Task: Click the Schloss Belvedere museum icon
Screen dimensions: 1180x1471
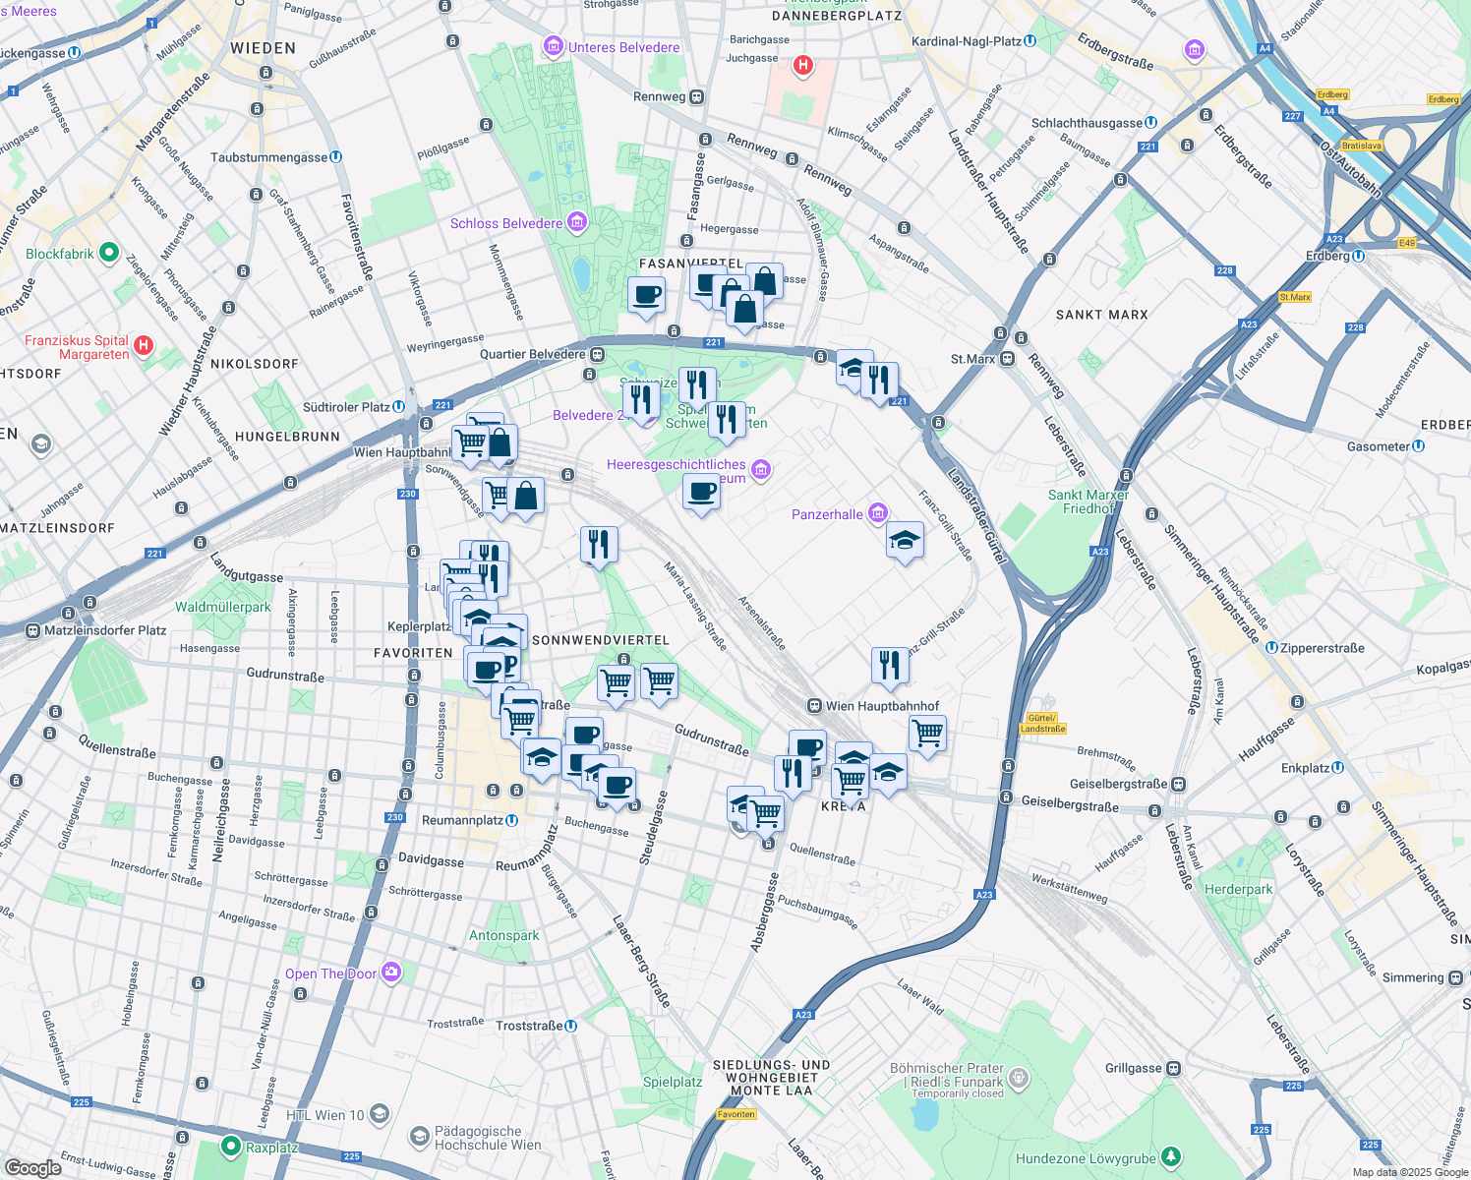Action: click(x=577, y=223)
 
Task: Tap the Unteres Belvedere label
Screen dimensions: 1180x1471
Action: click(x=623, y=47)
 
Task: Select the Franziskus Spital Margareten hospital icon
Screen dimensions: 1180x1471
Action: click(x=144, y=345)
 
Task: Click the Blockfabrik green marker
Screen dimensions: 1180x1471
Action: click(x=109, y=253)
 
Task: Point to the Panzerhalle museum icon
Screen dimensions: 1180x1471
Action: click(x=878, y=513)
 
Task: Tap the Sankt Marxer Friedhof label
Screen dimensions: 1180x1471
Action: click(x=1088, y=501)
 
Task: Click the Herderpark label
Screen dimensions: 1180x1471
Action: click(x=1238, y=889)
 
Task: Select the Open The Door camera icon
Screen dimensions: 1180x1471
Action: click(x=391, y=973)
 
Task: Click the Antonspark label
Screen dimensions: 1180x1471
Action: click(x=503, y=935)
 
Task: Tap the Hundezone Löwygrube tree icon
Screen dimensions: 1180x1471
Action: click(x=1170, y=1157)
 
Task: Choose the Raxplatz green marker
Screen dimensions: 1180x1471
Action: click(x=231, y=1147)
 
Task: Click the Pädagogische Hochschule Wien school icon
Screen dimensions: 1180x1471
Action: click(x=420, y=1137)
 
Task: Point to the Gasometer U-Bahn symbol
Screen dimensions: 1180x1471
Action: click(x=1418, y=445)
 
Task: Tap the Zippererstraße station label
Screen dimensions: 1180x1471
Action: click(x=1322, y=648)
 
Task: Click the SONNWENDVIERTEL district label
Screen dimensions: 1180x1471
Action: click(x=600, y=640)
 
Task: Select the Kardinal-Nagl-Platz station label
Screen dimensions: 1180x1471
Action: click(x=966, y=41)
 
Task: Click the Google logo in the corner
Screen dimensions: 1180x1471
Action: click(x=32, y=1167)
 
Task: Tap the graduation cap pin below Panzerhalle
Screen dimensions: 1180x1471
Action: click(x=905, y=540)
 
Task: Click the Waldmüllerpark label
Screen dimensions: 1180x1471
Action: click(x=222, y=607)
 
